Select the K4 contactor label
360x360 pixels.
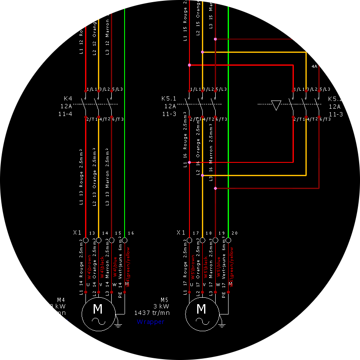pos(68,98)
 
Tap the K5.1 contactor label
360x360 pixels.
pos(169,98)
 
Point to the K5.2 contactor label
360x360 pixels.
pos(335,98)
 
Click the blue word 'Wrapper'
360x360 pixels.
pos(150,321)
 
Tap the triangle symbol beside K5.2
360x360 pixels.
pos(276,105)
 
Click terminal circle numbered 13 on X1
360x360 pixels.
pos(85,240)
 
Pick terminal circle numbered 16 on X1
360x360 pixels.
pos(125,240)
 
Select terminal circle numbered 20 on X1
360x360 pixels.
pos(228,240)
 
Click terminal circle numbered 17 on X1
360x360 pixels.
pos(189,240)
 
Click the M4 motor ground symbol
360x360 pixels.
pos(118,325)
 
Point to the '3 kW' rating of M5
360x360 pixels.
pos(161,306)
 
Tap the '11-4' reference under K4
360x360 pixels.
pos(65,114)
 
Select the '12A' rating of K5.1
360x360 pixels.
pos(170,106)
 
